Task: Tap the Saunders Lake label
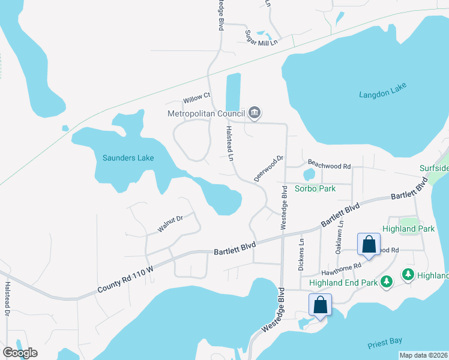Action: pos(128,158)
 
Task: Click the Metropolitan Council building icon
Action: pos(254,113)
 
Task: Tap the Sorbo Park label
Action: pos(315,188)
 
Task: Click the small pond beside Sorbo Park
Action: pos(309,175)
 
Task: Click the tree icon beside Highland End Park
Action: pos(387,280)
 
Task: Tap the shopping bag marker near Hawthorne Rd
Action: pos(369,245)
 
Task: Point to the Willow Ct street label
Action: pos(197,96)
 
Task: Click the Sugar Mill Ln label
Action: pos(261,41)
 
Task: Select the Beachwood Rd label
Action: pos(329,166)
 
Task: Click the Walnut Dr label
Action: pos(170,224)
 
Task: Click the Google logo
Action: pos(20,353)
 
